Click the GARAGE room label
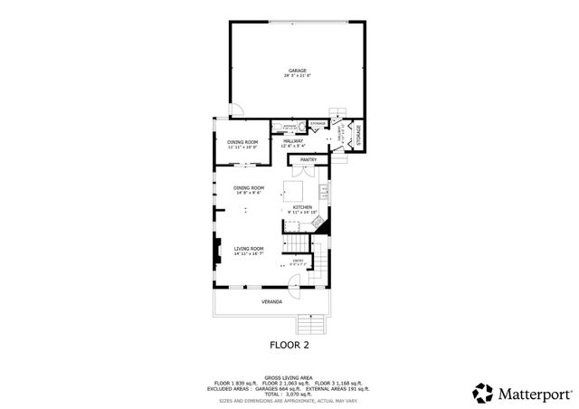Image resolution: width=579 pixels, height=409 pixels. [x=297, y=70]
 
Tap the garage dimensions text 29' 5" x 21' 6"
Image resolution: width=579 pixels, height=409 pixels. [x=297, y=76]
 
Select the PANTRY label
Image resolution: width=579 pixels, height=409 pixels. [x=308, y=160]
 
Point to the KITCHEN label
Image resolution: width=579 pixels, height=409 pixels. [x=302, y=206]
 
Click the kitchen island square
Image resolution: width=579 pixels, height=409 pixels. [x=295, y=191]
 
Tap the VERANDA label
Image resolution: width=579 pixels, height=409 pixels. [x=271, y=301]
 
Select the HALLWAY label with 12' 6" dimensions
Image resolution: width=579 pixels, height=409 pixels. [x=292, y=141]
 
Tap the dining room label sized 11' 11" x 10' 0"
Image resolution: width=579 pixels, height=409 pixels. [x=242, y=143]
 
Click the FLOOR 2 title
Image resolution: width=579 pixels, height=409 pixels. [x=289, y=345]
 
